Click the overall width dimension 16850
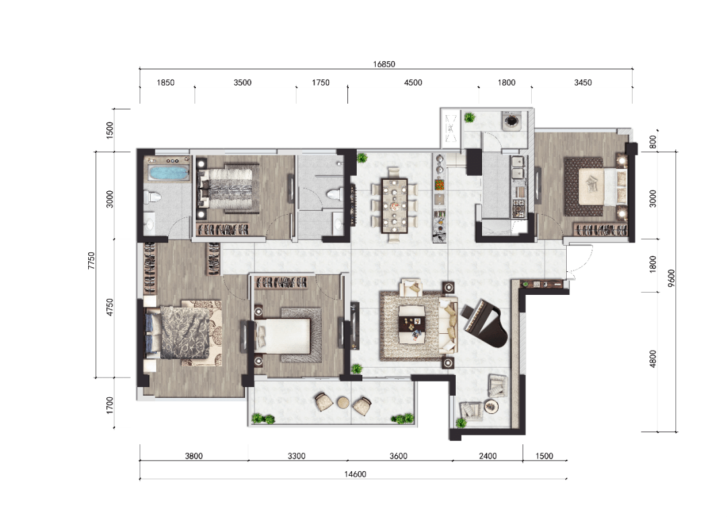tap(384, 64)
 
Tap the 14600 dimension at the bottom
tap(355, 474)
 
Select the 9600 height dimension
tap(671, 278)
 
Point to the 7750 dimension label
tap(92, 261)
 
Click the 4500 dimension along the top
tap(413, 83)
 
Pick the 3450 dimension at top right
tap(582, 83)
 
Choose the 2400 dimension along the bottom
tap(487, 456)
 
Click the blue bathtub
tap(168, 172)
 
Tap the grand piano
tap(485, 324)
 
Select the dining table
tap(394, 205)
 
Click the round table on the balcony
tap(343, 402)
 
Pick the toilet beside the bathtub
tap(152, 197)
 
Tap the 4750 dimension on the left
tap(110, 307)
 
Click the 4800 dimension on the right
tap(653, 359)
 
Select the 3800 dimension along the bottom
tap(194, 456)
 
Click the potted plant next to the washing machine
tap(470, 117)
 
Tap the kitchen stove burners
tap(518, 208)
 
